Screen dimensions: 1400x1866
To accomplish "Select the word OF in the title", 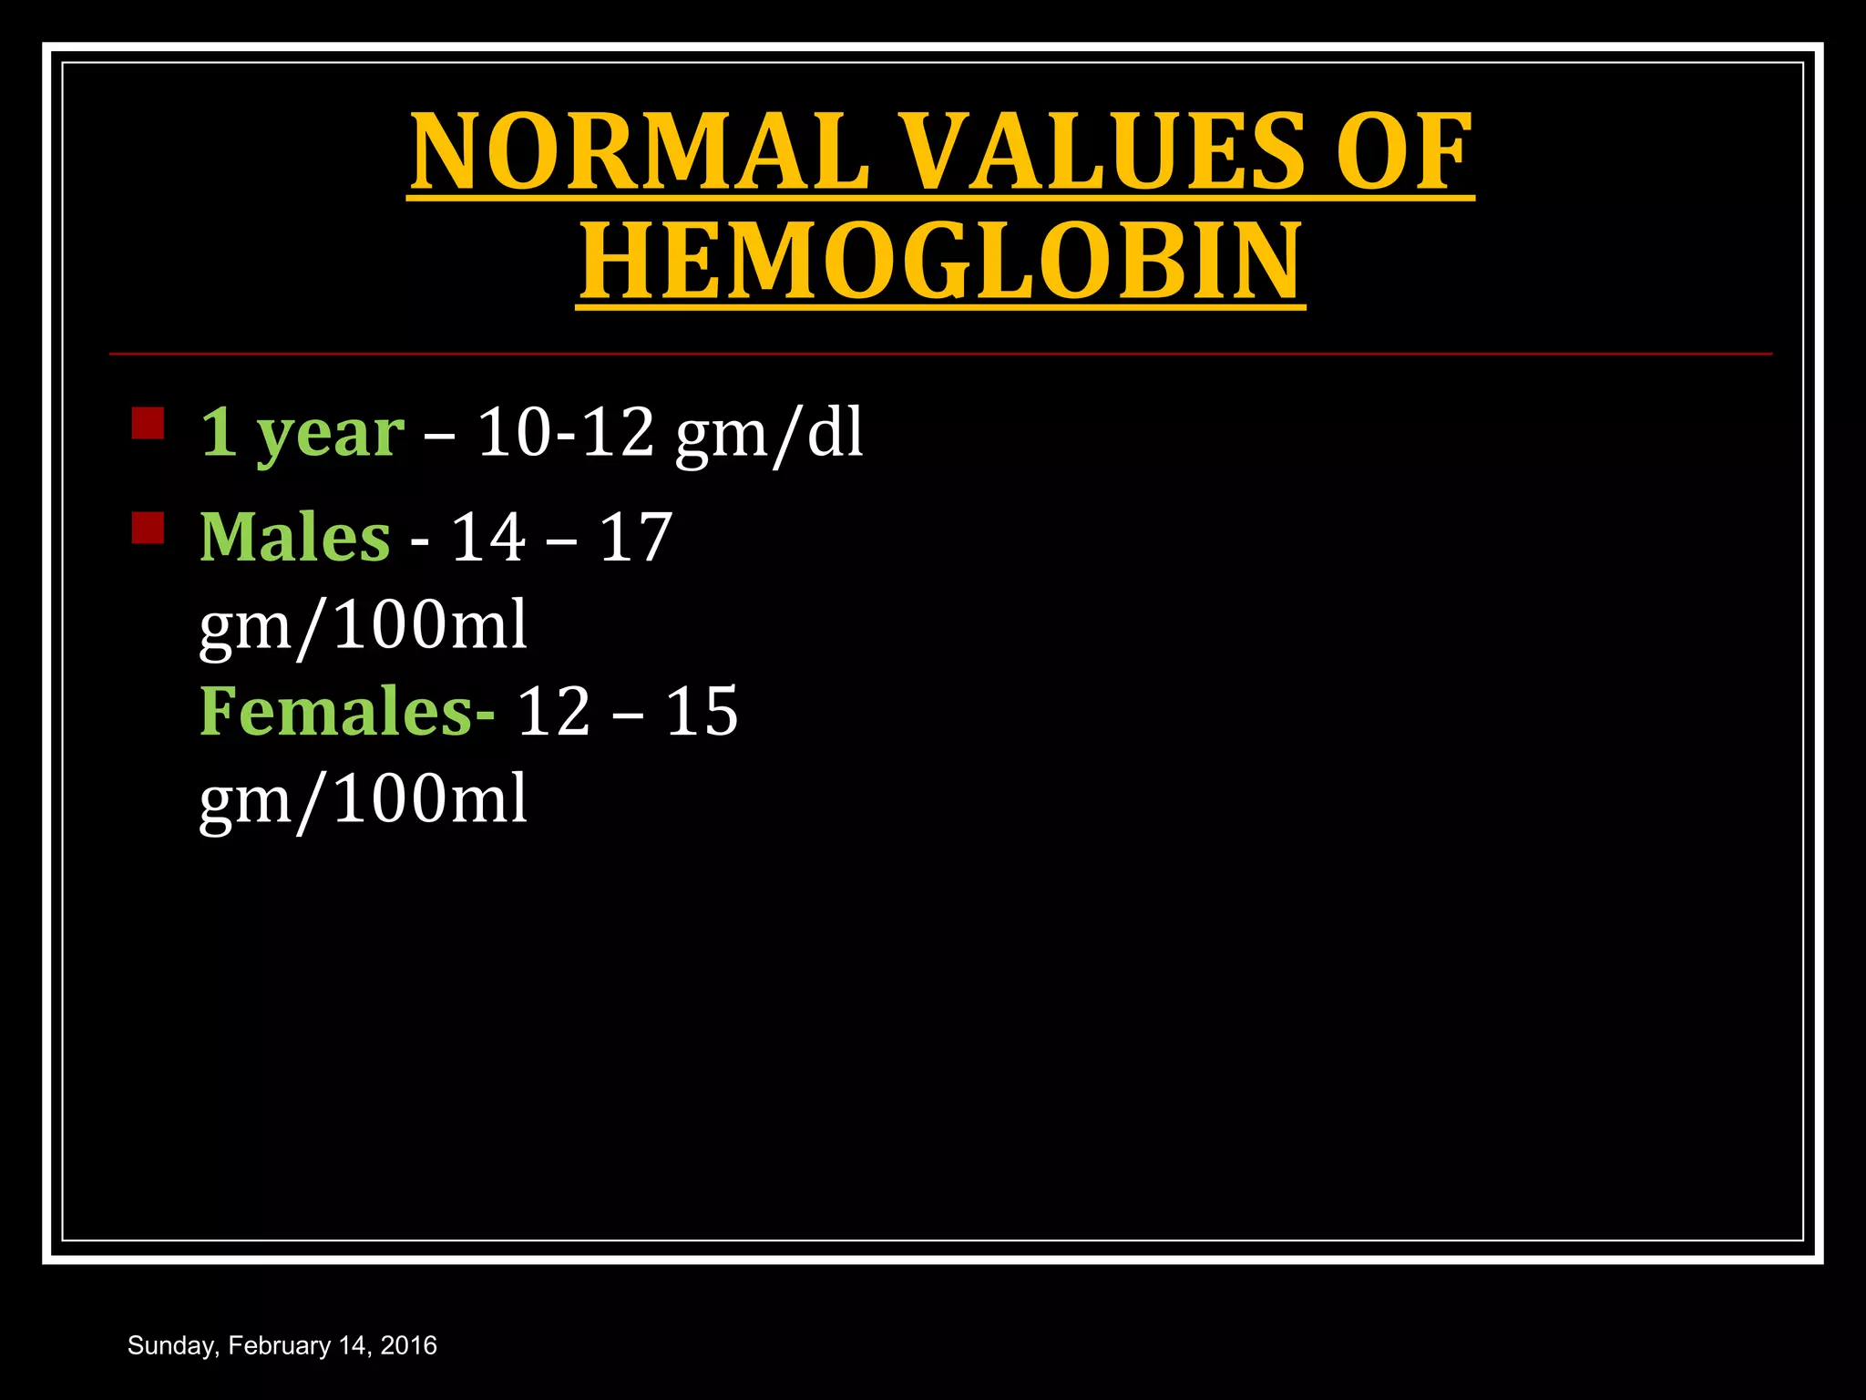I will point(1403,151).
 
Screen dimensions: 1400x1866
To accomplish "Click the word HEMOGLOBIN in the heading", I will point(940,262).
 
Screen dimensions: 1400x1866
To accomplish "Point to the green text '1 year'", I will point(302,433).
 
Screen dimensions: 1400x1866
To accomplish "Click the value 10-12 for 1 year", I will point(566,432).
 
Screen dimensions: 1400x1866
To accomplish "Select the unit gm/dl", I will point(769,435).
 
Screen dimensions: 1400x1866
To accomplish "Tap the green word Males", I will point(295,537).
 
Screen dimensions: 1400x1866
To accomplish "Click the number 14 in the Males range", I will point(488,537).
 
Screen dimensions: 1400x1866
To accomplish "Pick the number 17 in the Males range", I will point(636,537).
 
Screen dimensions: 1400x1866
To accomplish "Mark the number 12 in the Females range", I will point(554,712).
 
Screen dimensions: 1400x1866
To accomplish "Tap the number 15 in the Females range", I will point(702,712).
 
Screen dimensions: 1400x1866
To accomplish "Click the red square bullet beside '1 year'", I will point(148,423).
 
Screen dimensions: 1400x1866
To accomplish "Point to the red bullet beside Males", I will point(148,528).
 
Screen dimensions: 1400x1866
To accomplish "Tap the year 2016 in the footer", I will point(409,1346).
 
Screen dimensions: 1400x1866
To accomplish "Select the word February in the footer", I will point(280,1346).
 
